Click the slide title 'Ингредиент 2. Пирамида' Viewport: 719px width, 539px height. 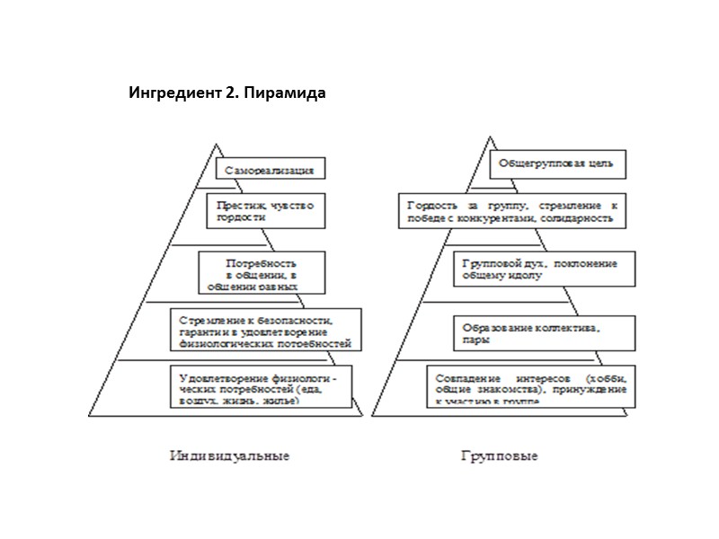point(226,94)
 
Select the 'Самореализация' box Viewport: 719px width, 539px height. point(269,169)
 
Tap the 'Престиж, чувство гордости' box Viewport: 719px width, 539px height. point(264,211)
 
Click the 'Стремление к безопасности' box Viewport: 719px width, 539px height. point(265,330)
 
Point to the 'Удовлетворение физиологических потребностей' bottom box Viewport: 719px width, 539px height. point(260,386)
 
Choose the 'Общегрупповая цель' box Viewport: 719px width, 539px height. point(557,165)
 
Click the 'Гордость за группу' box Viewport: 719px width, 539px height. point(511,211)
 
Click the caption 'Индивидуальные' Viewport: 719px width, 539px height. point(229,455)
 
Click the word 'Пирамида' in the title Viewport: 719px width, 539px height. point(291,94)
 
